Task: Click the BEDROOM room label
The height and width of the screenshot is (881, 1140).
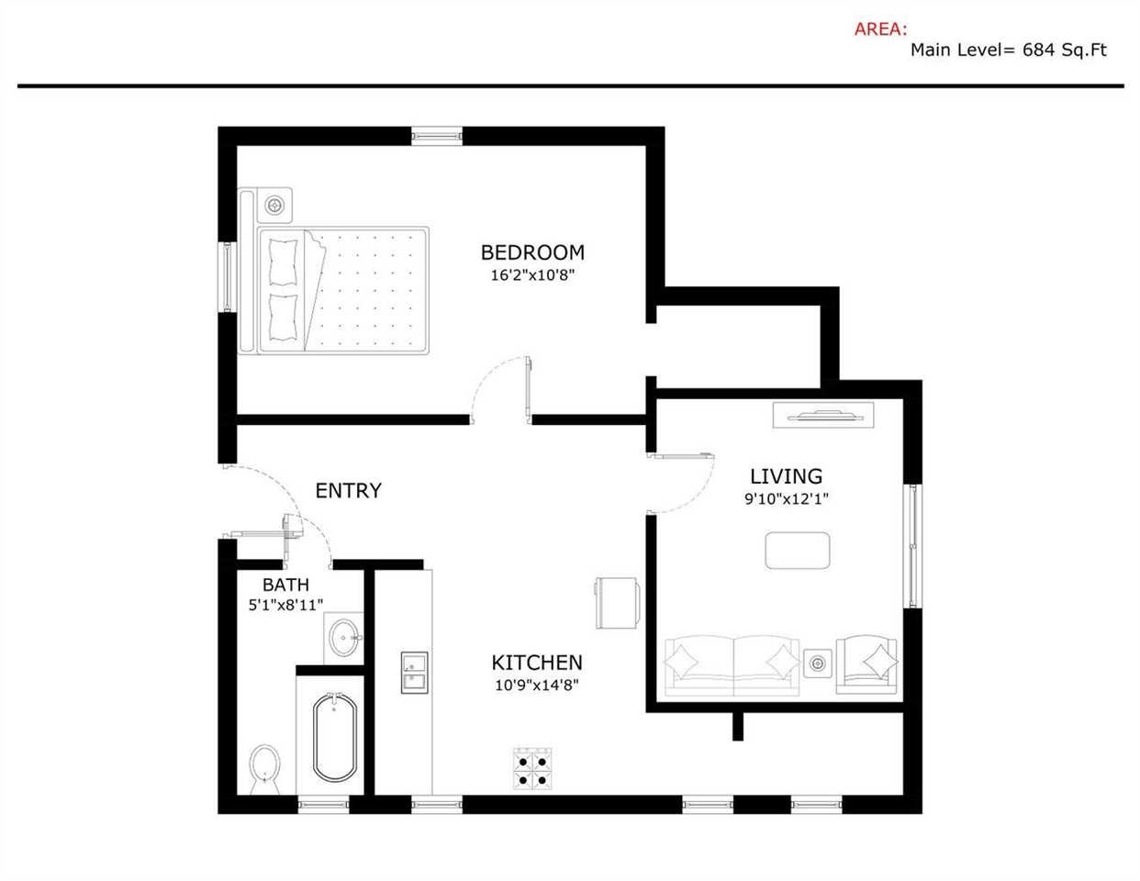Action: (532, 252)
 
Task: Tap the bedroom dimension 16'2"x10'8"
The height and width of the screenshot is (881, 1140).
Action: (532, 275)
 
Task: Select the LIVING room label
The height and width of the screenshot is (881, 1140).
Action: (786, 476)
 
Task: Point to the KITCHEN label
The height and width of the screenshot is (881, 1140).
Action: (537, 663)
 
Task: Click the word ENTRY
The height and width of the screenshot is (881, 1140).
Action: (349, 491)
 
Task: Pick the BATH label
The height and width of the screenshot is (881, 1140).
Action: (286, 585)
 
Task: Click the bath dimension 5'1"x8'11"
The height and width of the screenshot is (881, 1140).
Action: (285, 606)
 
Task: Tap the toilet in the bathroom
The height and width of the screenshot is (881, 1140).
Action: (264, 769)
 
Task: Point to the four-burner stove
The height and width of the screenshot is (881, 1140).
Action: (532, 769)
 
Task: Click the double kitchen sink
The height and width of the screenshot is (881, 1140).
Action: (415, 673)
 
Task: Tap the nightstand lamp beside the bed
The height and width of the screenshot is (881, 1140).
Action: (274, 205)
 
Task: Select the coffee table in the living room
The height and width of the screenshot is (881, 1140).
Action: (798, 551)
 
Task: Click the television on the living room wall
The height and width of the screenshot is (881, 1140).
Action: (823, 417)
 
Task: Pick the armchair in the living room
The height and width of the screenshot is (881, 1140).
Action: (866, 665)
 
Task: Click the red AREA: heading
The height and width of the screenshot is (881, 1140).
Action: (880, 29)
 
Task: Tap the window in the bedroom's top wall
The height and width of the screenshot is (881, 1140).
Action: (437, 137)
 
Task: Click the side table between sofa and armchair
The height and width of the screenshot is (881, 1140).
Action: (817, 664)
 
